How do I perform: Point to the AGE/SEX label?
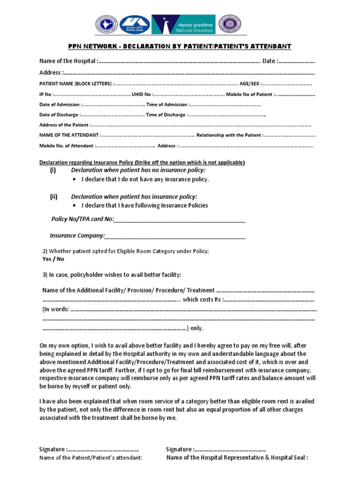[x=249, y=83]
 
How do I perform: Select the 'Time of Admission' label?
[x=166, y=105]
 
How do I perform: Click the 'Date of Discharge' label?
[x=59, y=115]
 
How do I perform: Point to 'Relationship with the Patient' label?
[x=228, y=135]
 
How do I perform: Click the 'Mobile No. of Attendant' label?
[x=66, y=146]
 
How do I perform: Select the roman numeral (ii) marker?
[x=53, y=196]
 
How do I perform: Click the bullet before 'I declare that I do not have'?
[x=75, y=180]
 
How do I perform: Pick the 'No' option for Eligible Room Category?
[x=60, y=259]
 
